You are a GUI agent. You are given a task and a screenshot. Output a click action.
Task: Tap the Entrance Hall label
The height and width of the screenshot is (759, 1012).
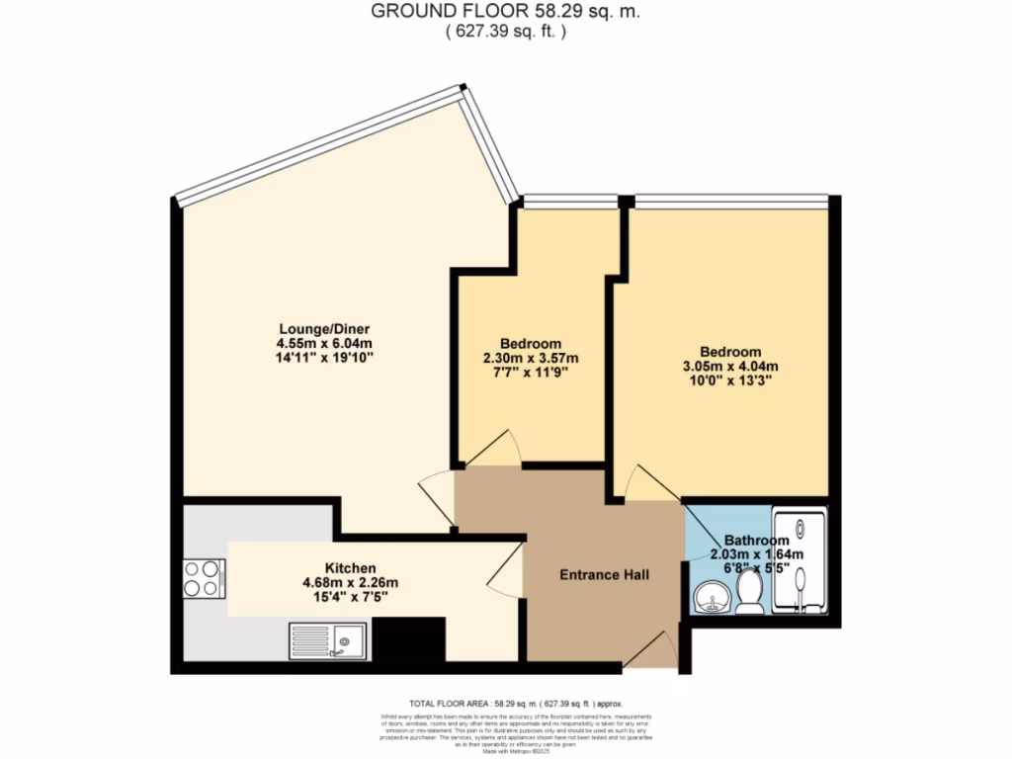(x=604, y=574)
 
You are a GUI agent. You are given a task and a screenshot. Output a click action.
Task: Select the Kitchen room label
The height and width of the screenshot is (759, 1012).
(x=350, y=568)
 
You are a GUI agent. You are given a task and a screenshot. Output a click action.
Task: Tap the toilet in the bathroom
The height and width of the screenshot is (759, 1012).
(x=750, y=594)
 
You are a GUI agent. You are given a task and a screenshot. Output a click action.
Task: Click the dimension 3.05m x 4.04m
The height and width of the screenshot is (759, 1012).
(x=730, y=366)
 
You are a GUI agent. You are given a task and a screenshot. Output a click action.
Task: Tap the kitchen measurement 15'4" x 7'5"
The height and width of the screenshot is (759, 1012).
(x=350, y=597)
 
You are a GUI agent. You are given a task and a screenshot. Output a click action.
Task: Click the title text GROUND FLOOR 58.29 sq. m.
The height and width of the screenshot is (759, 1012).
(x=505, y=12)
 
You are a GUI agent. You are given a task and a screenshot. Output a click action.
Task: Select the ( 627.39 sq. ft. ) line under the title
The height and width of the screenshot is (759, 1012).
(x=505, y=32)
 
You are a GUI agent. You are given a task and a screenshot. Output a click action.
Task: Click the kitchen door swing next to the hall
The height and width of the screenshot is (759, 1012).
(x=506, y=573)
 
